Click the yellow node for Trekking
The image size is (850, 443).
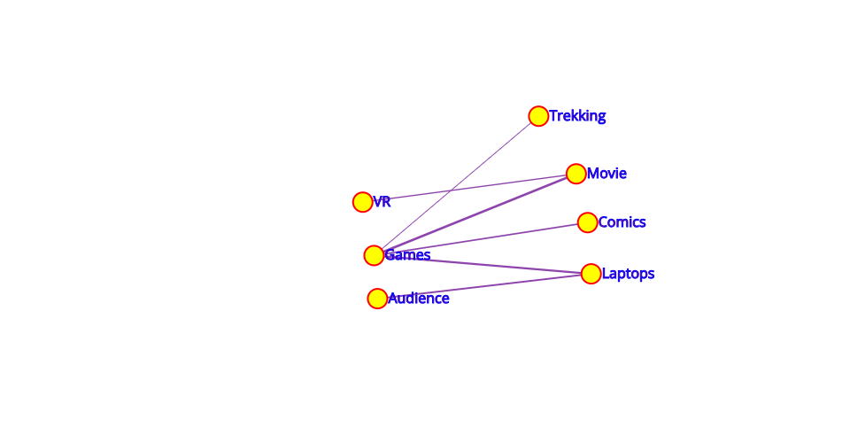tap(538, 116)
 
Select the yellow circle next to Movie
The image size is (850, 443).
tap(576, 174)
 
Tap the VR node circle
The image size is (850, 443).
tap(362, 202)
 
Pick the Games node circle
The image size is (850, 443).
tap(374, 255)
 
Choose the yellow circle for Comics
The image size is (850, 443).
tap(587, 222)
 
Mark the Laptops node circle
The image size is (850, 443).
tap(591, 274)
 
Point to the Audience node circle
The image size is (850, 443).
tap(377, 299)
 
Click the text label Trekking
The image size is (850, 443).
tap(577, 116)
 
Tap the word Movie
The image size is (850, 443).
tap(607, 174)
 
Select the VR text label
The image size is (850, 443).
tap(382, 202)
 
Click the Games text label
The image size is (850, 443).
tap(407, 255)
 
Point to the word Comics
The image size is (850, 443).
tap(622, 222)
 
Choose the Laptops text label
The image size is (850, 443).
tap(628, 274)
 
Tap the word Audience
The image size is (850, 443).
tap(419, 299)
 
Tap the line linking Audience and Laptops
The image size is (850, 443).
tap(483, 286)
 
